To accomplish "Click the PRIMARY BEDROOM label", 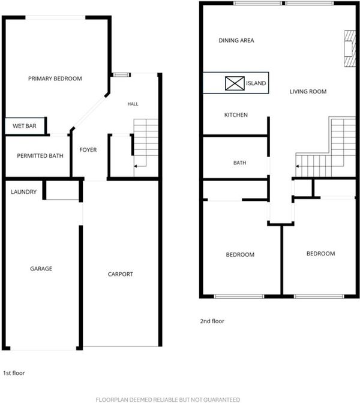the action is (55, 79).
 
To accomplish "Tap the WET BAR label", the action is (25, 126).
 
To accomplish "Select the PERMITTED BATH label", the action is (40, 156).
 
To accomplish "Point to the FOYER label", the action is (88, 150).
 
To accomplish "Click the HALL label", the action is (133, 104).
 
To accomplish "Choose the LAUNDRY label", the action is (23, 192).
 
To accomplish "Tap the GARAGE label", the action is (41, 269).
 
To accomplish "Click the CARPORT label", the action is (121, 274).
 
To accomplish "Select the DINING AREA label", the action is (236, 40).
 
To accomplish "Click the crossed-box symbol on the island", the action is (235, 83).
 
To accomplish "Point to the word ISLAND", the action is (256, 83).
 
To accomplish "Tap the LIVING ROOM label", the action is (308, 92).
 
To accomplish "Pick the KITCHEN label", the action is (236, 115).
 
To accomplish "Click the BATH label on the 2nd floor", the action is (239, 163).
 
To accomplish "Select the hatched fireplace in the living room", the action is (350, 49).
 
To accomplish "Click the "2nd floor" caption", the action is (212, 321).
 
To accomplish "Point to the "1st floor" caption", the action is (14, 373).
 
